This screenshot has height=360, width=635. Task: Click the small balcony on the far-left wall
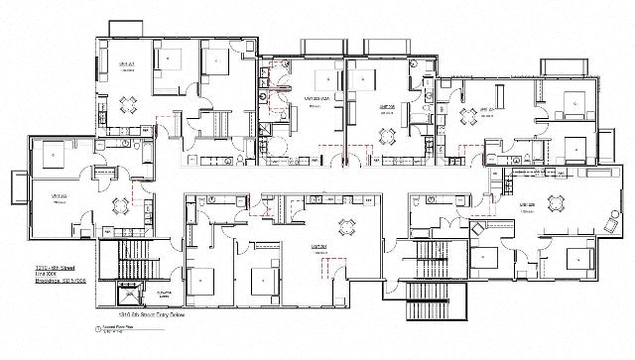(x=20, y=185)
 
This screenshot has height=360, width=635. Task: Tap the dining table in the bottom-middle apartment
(x=346, y=226)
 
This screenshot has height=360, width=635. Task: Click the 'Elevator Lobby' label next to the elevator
(x=165, y=295)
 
